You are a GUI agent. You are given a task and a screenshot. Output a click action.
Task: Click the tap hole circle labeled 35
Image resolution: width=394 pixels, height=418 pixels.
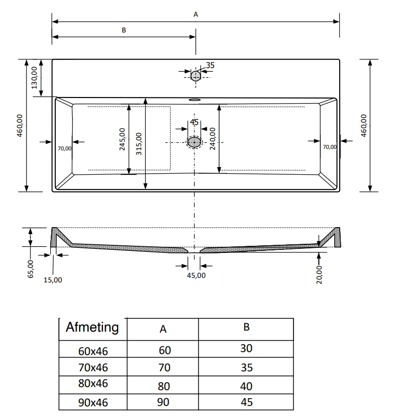(x=195, y=76)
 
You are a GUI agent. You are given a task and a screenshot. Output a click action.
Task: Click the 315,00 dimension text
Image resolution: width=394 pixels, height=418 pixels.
(x=139, y=143)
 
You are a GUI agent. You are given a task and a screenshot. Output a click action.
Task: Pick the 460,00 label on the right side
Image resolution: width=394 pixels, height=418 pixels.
(x=363, y=125)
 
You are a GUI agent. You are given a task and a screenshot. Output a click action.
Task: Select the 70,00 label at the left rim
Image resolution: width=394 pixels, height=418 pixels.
(x=64, y=148)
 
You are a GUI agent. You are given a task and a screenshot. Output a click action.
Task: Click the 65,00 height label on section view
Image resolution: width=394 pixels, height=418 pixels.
(x=30, y=268)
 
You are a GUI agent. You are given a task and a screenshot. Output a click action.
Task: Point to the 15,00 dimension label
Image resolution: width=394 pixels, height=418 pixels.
(x=53, y=279)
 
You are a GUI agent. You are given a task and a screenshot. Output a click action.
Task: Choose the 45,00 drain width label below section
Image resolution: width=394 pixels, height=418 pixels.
(x=196, y=275)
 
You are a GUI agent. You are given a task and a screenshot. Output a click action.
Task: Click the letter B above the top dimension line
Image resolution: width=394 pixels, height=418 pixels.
(x=123, y=30)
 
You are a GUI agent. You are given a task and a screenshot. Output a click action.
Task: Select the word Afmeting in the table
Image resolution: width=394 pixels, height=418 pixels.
(x=92, y=327)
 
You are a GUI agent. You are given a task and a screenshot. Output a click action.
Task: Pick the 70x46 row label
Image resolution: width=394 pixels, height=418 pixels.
(x=93, y=367)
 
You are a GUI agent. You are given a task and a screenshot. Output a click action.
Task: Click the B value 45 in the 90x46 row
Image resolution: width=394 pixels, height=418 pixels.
(x=246, y=402)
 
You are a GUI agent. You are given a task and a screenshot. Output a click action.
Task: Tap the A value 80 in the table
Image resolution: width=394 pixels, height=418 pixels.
(x=164, y=386)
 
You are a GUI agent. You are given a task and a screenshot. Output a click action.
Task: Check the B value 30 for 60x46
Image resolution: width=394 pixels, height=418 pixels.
(x=246, y=348)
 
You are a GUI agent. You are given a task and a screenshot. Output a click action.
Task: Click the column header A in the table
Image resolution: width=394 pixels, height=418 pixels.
(x=163, y=329)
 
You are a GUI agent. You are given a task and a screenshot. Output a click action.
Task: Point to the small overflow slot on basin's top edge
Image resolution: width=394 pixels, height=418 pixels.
(x=195, y=100)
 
